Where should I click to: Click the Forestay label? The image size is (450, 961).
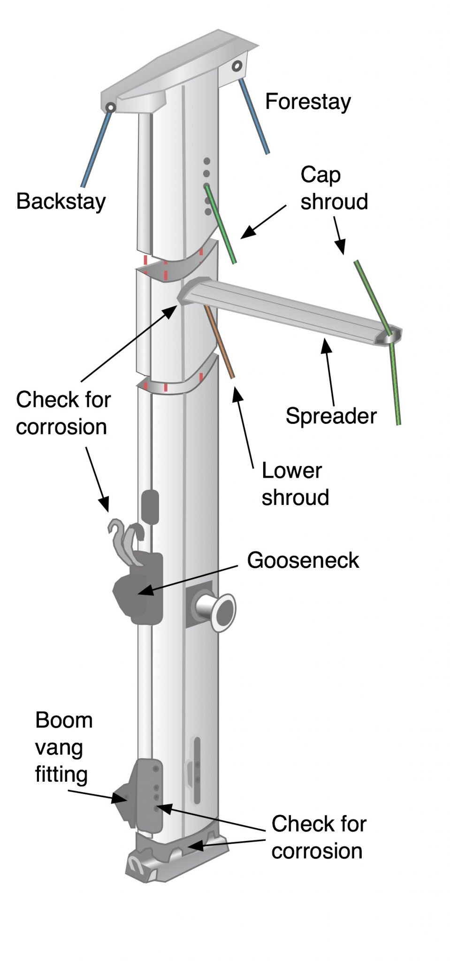click(308, 102)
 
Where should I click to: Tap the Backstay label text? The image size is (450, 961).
click(61, 201)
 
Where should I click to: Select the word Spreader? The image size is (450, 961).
click(331, 416)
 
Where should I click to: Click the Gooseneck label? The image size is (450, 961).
click(303, 560)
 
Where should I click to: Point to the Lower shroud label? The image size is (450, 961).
click(295, 484)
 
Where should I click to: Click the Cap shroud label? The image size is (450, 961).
click(334, 188)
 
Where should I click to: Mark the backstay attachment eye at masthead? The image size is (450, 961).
click(110, 107)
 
